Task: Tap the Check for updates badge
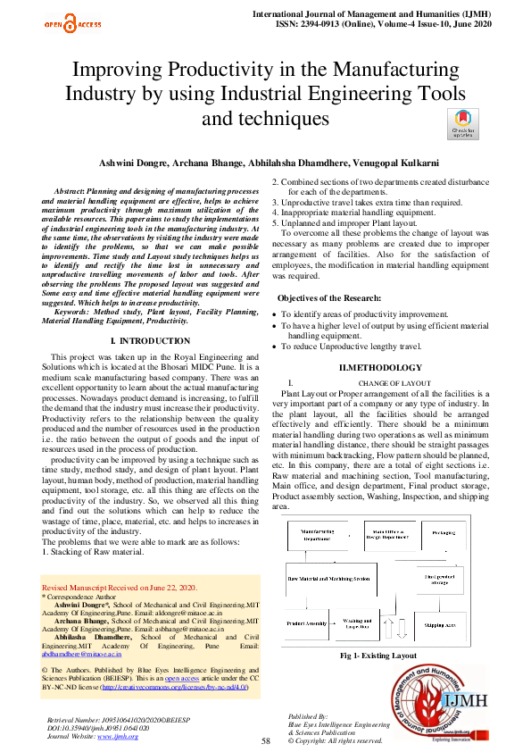[x=461, y=123]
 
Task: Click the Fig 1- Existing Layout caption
[x=378, y=656]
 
